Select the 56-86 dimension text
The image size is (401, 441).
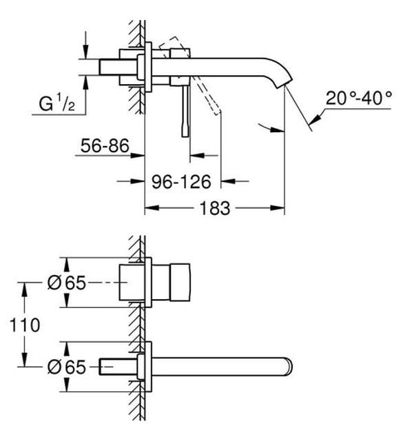(x=103, y=147)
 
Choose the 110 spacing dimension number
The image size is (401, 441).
(x=26, y=323)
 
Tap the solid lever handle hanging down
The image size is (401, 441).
(x=185, y=110)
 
